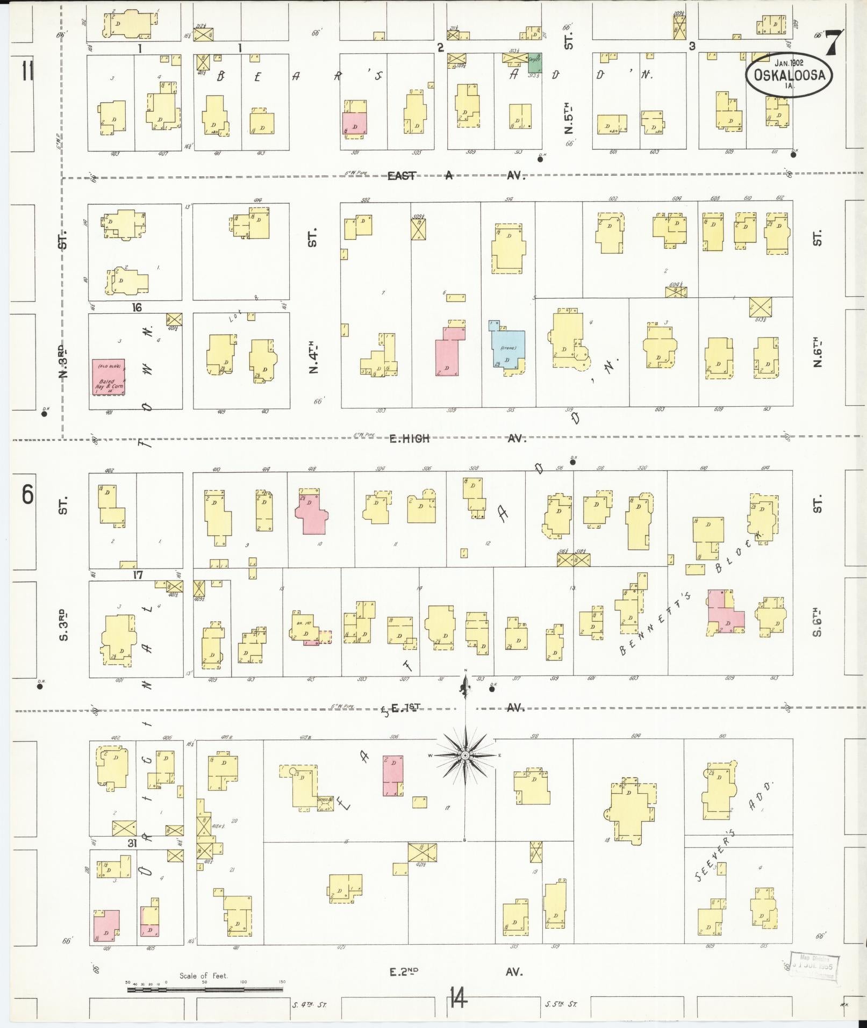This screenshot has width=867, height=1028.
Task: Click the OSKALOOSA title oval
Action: [789, 75]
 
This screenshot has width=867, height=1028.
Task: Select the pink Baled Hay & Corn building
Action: [108, 378]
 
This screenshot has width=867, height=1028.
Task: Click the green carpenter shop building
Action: [534, 62]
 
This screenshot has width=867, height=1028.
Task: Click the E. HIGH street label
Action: [410, 438]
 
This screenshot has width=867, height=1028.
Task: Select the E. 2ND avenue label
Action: [404, 972]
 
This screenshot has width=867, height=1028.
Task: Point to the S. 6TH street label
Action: [817, 623]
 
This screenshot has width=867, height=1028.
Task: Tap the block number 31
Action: [132, 843]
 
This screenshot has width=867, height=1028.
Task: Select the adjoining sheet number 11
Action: [27, 71]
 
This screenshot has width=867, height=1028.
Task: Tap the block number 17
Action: [138, 574]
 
